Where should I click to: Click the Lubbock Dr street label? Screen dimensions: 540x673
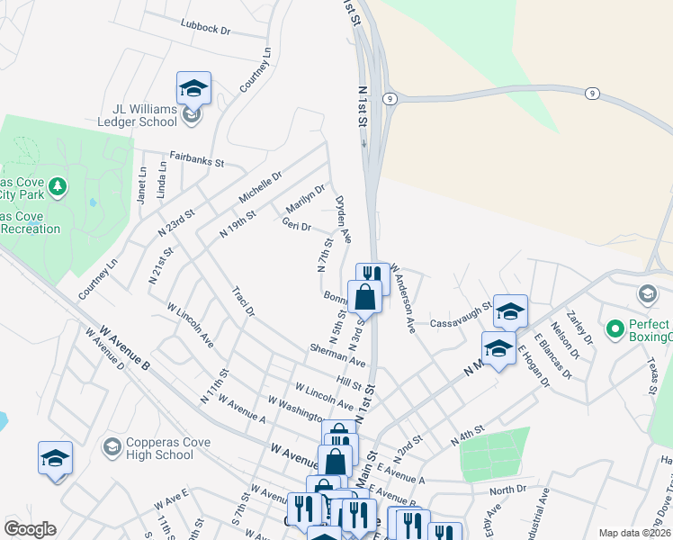click(205, 29)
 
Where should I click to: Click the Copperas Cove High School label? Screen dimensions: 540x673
click(149, 448)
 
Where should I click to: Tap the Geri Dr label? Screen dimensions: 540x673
click(296, 225)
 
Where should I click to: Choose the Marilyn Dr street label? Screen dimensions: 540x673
click(305, 201)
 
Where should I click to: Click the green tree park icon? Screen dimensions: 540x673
click(58, 186)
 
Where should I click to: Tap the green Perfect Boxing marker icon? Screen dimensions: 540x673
click(615, 329)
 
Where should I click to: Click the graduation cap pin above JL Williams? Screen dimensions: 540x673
click(193, 89)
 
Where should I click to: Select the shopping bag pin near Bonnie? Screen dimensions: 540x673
click(364, 295)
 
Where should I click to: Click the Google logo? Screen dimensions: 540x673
click(31, 529)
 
